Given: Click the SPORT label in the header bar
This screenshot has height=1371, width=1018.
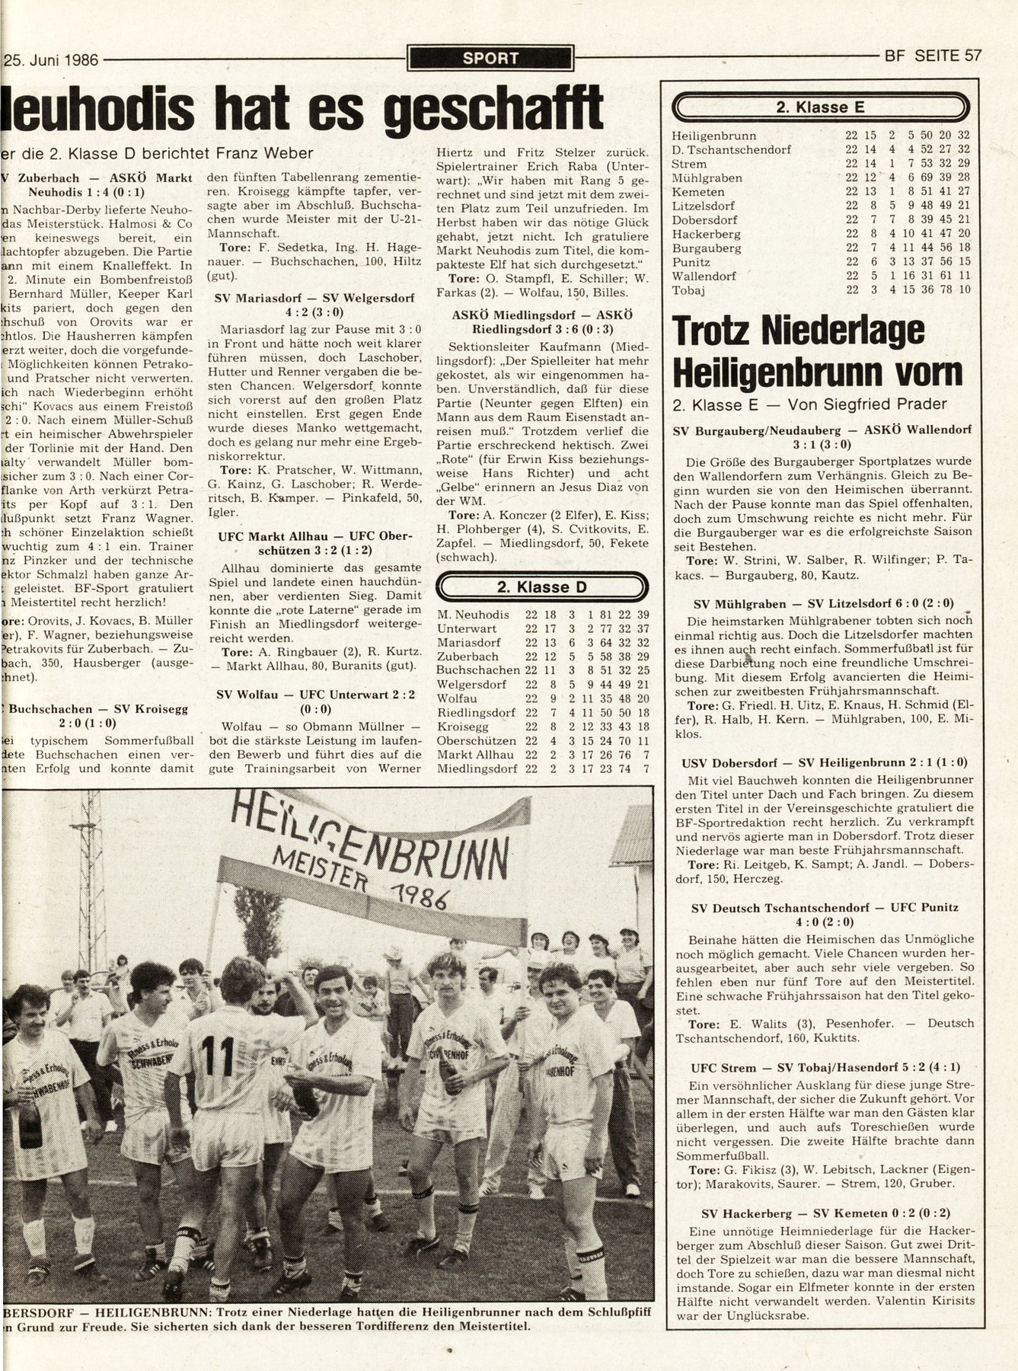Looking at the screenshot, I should point(490,58).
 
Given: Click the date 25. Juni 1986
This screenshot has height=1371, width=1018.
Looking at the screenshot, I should point(52,59).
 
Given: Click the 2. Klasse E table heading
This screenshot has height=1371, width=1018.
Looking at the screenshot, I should point(820,107).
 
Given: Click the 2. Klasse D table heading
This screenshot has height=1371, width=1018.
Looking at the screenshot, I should point(541,587).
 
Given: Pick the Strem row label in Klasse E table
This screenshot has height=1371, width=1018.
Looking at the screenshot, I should point(690,164).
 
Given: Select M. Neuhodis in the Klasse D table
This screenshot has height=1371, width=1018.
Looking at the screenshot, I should point(471,615).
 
